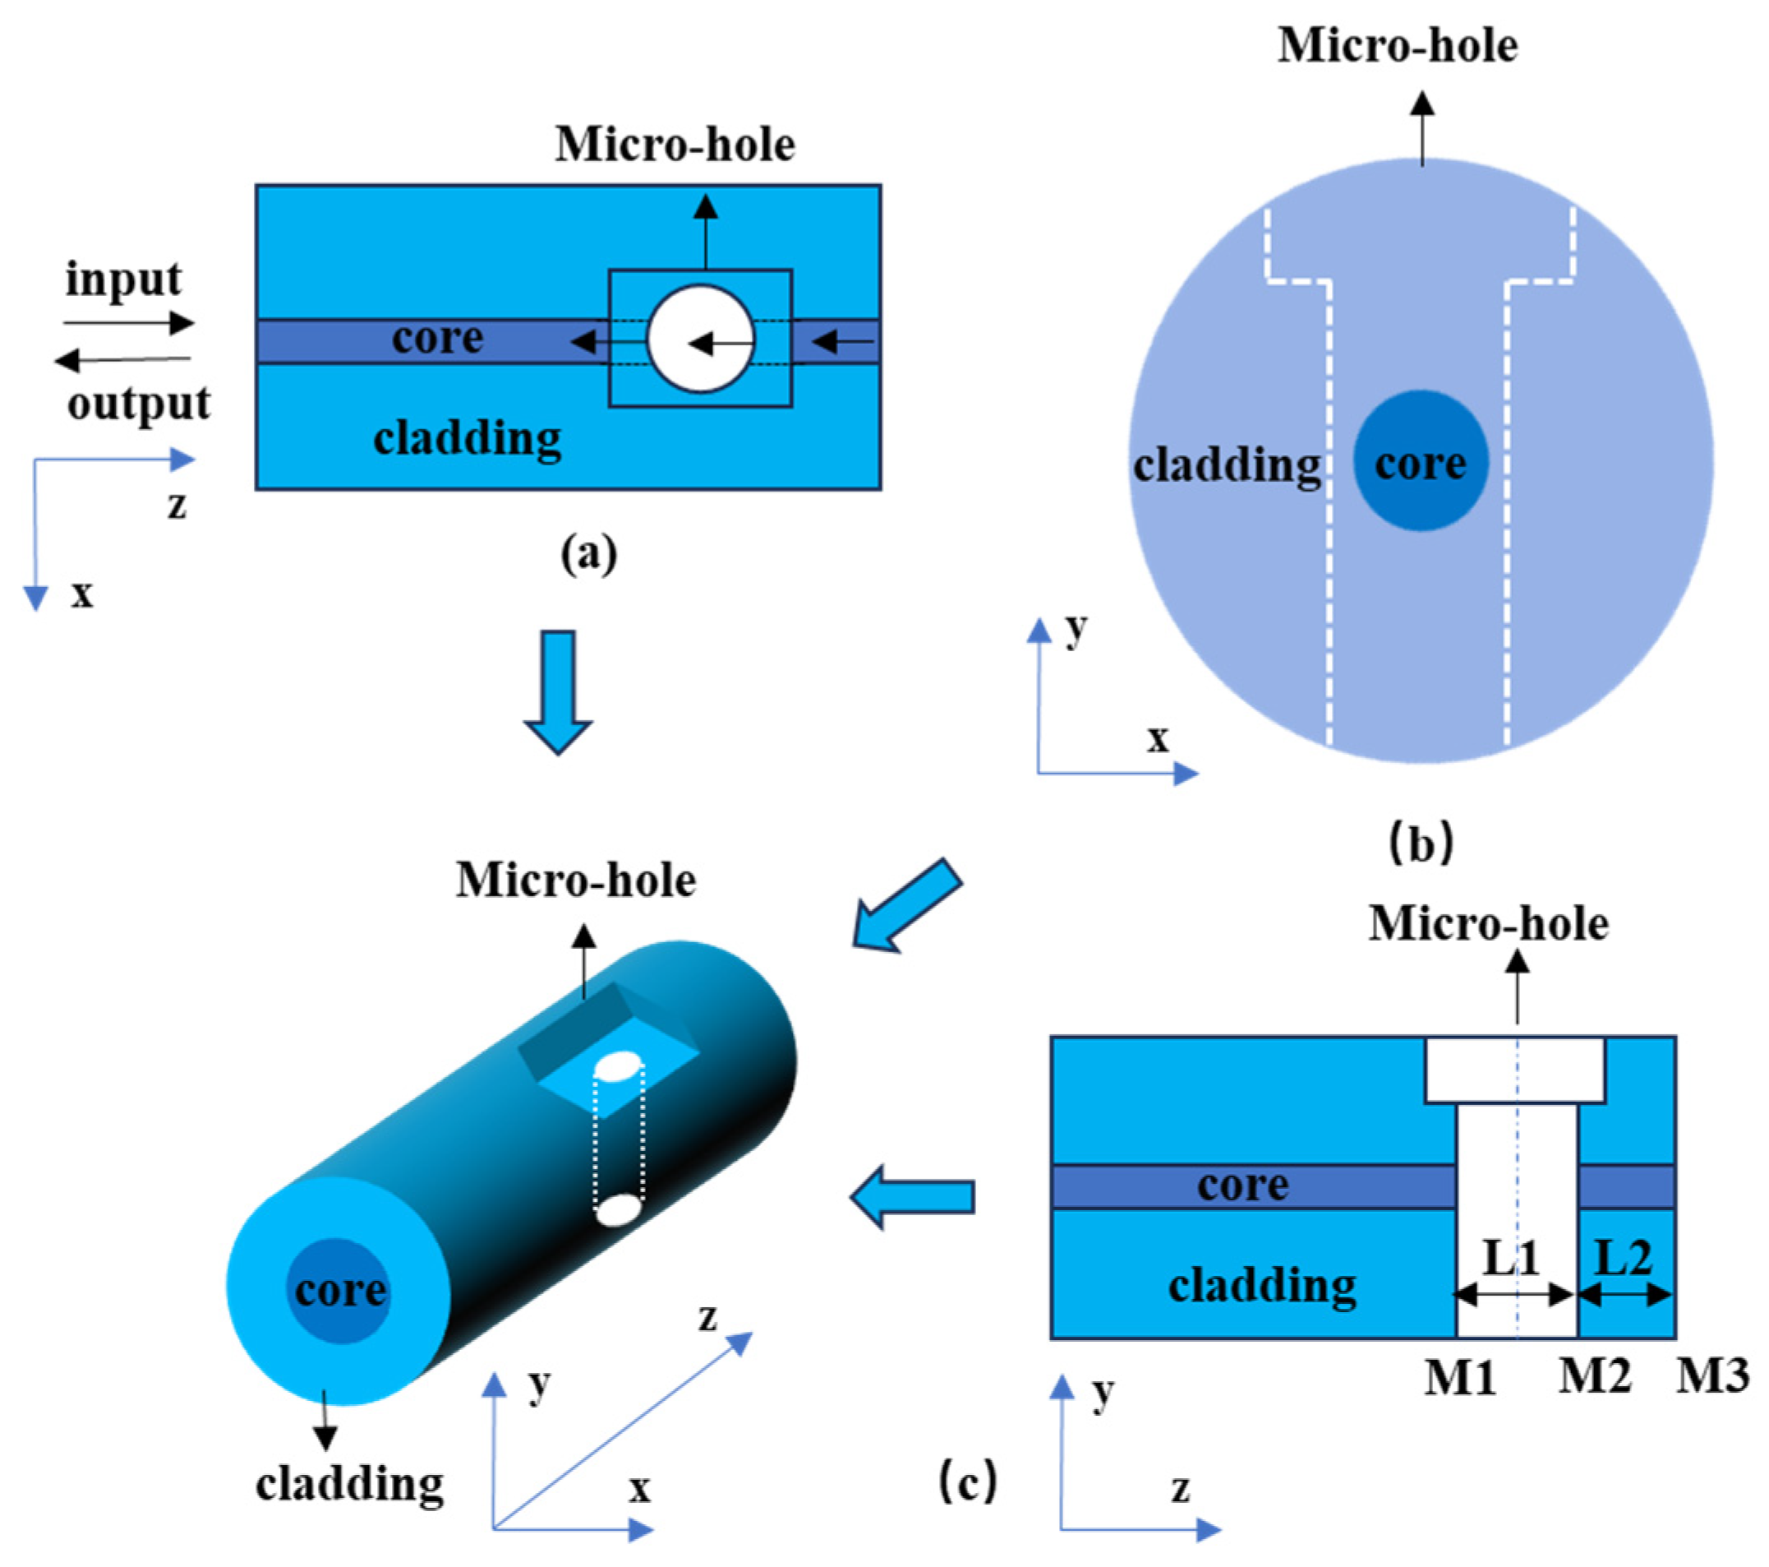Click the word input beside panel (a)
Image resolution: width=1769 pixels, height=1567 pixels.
coord(123,280)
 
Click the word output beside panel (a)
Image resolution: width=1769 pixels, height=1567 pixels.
coord(139,404)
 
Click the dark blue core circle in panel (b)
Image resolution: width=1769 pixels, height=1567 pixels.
coord(1421,460)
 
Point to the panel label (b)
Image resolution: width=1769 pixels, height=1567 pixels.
coord(1421,842)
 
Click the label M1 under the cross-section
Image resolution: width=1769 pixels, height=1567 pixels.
coord(1460,1375)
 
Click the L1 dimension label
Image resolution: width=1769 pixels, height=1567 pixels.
coord(1511,1258)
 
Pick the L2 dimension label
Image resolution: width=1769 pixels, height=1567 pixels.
coord(1624,1257)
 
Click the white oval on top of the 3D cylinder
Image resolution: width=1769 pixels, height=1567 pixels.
coord(618,1065)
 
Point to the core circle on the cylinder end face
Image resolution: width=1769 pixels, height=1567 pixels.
coord(340,1291)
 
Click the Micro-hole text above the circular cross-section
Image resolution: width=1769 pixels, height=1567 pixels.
coord(1397,45)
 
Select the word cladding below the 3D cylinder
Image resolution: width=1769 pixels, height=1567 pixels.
coord(350,1484)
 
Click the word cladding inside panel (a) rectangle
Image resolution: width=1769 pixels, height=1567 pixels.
coord(468,438)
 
